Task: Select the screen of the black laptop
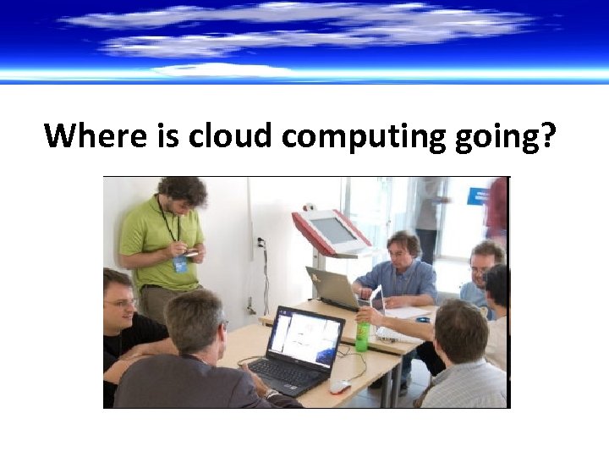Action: point(305,338)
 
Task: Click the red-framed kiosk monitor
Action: point(332,230)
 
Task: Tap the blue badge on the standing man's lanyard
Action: point(179,264)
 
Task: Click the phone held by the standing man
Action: point(193,251)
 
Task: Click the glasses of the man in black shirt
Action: point(121,302)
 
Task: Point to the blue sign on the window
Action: point(478,195)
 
